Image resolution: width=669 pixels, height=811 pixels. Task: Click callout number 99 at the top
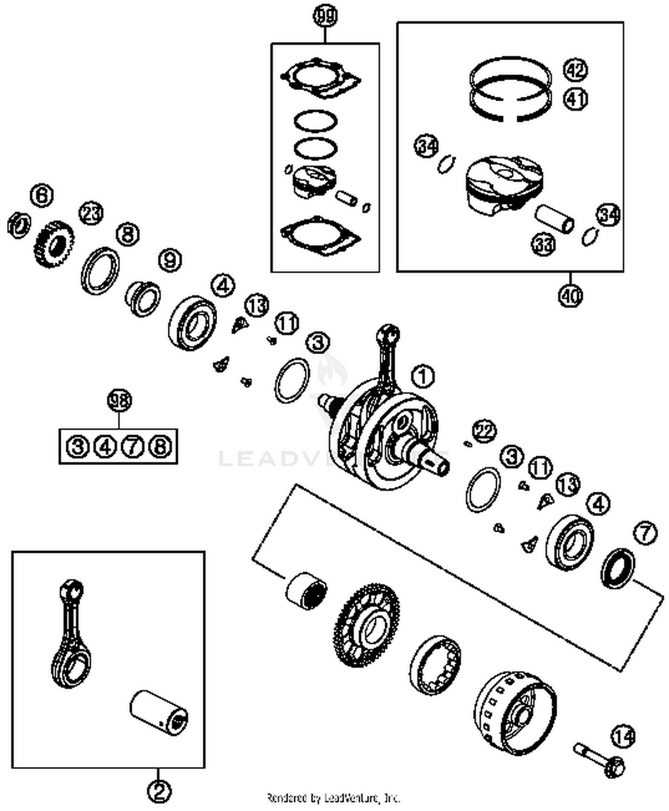(325, 17)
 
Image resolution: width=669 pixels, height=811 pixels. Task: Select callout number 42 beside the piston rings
(576, 70)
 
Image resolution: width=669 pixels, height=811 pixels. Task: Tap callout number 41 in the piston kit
(576, 99)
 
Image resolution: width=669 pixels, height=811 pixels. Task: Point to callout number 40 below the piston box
(570, 295)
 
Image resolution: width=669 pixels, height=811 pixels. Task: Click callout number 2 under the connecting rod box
(159, 791)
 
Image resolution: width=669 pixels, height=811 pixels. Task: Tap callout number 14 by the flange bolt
(623, 737)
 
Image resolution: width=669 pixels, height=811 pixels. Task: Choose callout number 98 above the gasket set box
(120, 400)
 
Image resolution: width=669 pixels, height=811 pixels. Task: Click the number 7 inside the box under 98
(132, 446)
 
